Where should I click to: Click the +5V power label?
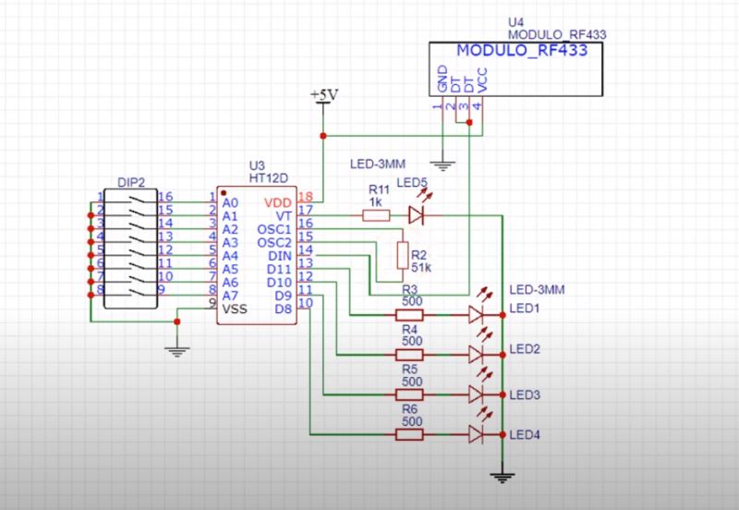point(324,94)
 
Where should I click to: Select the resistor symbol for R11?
point(376,215)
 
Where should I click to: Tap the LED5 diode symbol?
point(416,215)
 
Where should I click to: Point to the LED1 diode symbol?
point(477,314)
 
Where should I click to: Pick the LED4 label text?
point(525,435)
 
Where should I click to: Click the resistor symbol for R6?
point(409,434)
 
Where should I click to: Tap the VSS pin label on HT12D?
point(236,310)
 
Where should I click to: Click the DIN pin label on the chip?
point(281,255)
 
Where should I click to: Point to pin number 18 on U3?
point(306,198)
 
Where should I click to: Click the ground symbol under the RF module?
point(444,165)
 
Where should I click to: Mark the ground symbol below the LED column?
point(502,478)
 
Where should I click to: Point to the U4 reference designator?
point(515,20)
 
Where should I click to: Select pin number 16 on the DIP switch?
point(166,197)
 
